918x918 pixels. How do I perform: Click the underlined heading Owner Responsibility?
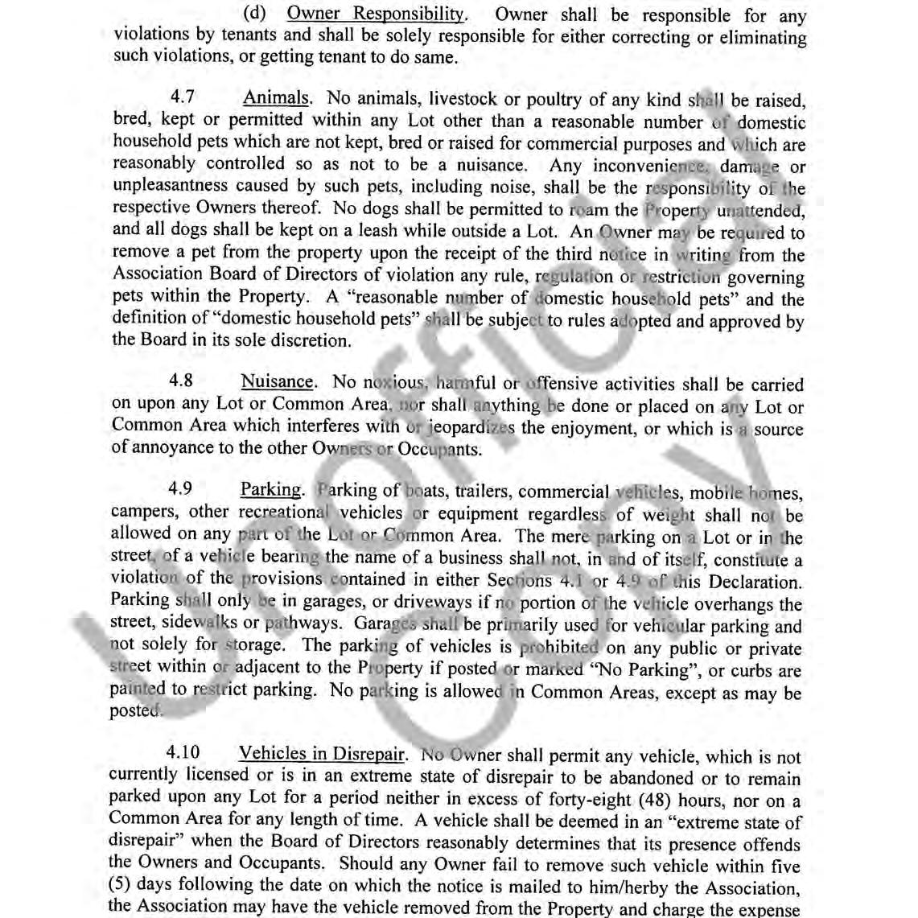[376, 14]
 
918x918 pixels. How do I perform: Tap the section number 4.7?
[183, 98]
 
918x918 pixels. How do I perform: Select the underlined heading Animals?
[277, 98]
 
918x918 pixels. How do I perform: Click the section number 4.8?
[181, 381]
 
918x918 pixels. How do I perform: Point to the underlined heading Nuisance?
[277, 382]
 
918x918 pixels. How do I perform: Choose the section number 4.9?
[181, 489]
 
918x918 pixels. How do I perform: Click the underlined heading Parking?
[271, 490]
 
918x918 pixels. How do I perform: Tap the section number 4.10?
[183, 753]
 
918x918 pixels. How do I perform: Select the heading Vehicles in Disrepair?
[322, 754]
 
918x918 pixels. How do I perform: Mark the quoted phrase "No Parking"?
[653, 669]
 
